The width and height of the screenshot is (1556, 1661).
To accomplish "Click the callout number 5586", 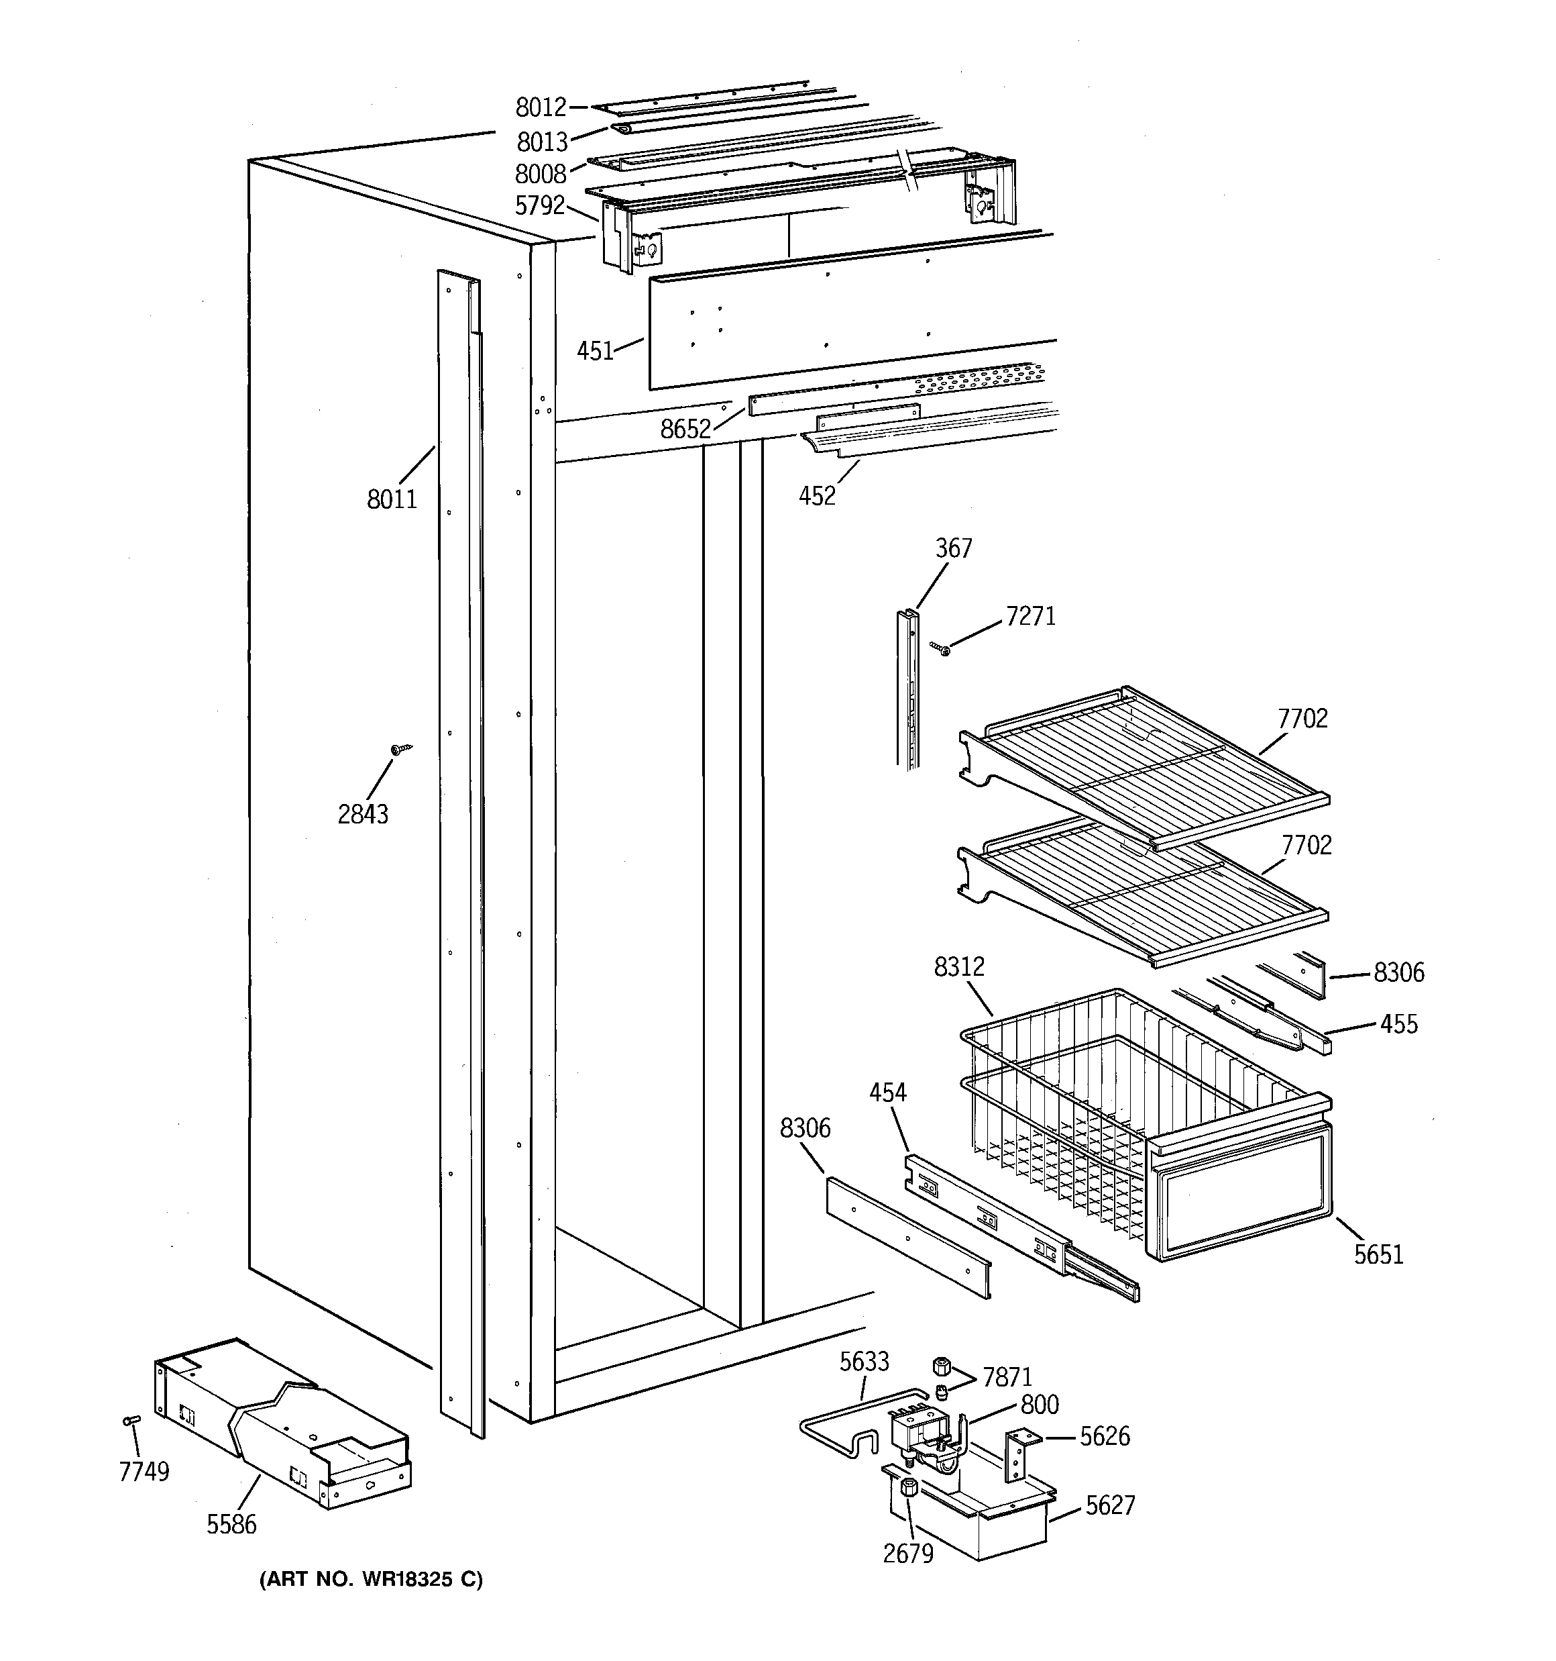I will click(231, 1525).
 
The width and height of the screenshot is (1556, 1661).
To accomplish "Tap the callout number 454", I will click(887, 1092).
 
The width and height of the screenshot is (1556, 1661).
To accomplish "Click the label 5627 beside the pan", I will click(1110, 1505).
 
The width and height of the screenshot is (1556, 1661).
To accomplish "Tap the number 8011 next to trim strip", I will click(392, 499).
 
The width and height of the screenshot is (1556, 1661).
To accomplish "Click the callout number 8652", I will click(685, 430).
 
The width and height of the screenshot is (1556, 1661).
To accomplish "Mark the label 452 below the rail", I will click(817, 497).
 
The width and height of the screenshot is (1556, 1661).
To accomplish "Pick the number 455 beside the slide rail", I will click(1398, 1024).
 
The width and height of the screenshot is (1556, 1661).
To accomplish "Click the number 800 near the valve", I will click(1039, 1405).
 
